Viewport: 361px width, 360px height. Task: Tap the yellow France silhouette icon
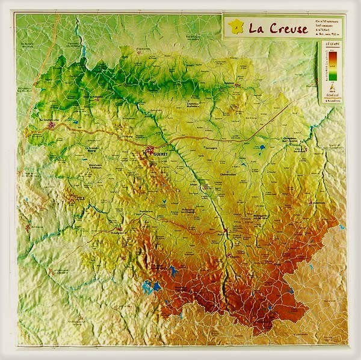pos(236,27)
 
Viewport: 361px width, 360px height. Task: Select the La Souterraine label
pos(46,120)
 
